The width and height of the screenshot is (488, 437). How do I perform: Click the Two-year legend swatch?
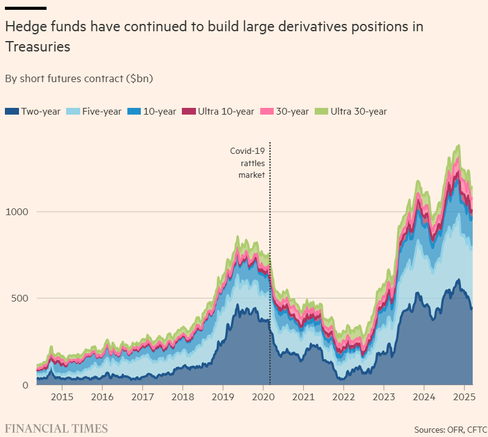12,111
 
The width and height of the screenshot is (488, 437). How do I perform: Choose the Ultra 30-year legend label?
358,111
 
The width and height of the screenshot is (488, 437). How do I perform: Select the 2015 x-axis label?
62,397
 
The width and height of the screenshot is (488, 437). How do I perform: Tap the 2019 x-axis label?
222,397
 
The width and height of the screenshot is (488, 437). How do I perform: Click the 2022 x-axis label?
343,397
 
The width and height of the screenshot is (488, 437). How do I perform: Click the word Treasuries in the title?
37,47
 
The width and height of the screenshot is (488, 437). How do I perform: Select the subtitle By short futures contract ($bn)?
78,78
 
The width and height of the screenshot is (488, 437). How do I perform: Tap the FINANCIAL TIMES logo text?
56,428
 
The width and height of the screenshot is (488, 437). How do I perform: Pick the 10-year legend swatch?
133,111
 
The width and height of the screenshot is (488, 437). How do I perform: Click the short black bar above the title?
26,8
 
